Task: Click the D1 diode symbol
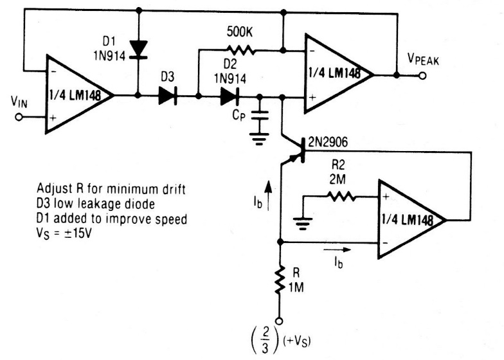coord(138,48)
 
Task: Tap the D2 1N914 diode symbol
coord(230,96)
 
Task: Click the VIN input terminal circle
coord(19,118)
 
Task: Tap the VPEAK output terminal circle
coord(422,75)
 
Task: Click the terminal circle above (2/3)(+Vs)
coord(280,319)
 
